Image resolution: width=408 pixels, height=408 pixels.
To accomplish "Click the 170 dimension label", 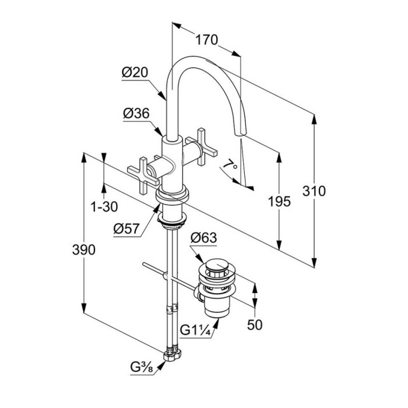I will [206, 40].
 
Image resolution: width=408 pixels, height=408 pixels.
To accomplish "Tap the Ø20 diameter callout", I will [135, 72].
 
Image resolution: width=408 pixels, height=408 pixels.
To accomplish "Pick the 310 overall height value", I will [315, 191].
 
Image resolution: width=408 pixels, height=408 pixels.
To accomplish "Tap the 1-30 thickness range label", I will [105, 206].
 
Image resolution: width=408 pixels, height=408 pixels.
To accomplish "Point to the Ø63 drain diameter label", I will [204, 238].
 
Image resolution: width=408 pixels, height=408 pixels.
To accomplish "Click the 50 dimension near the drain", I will [254, 325].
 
